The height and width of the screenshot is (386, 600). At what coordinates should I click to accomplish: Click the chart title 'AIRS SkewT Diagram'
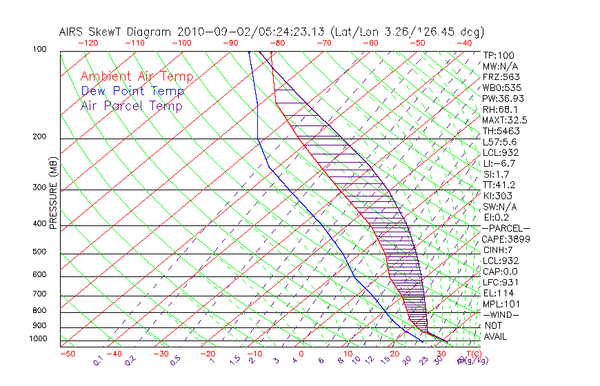pos(116,32)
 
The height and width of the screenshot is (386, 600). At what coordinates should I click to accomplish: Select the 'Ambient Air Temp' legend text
pos(137,77)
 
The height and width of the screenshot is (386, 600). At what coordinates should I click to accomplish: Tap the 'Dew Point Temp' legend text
pos(132,91)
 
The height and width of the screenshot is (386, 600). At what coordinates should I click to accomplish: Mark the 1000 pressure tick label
pos(39,338)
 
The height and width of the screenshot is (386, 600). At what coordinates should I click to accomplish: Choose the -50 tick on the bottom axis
pos(67,354)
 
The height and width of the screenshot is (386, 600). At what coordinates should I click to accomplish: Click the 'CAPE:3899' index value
pos(506,239)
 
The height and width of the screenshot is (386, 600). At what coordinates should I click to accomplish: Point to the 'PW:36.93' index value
pos(501,99)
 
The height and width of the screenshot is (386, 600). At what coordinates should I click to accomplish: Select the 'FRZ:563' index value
pos(501,77)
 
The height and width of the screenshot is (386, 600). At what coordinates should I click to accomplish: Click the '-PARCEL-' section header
pos(506,228)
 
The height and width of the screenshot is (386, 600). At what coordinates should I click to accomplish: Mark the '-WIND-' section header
pos(501,314)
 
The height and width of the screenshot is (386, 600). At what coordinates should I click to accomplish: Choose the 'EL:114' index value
pos(498,293)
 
